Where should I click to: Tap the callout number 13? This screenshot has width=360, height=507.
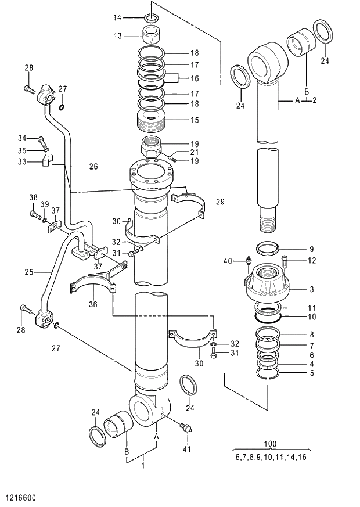click(118, 36)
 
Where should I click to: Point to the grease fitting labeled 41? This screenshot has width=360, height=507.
click(185, 429)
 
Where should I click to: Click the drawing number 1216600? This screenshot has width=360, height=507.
click(21, 498)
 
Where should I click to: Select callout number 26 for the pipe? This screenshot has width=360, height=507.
click(93, 166)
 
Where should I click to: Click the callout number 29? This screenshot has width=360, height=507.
click(219, 202)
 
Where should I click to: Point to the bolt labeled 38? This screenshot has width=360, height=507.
click(34, 214)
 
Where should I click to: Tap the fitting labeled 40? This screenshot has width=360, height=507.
click(249, 265)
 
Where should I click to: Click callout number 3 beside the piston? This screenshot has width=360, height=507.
click(311, 288)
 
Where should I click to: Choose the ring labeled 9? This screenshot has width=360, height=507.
click(273, 249)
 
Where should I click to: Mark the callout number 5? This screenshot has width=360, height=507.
click(311, 373)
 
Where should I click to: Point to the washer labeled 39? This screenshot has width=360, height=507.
click(45, 220)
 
